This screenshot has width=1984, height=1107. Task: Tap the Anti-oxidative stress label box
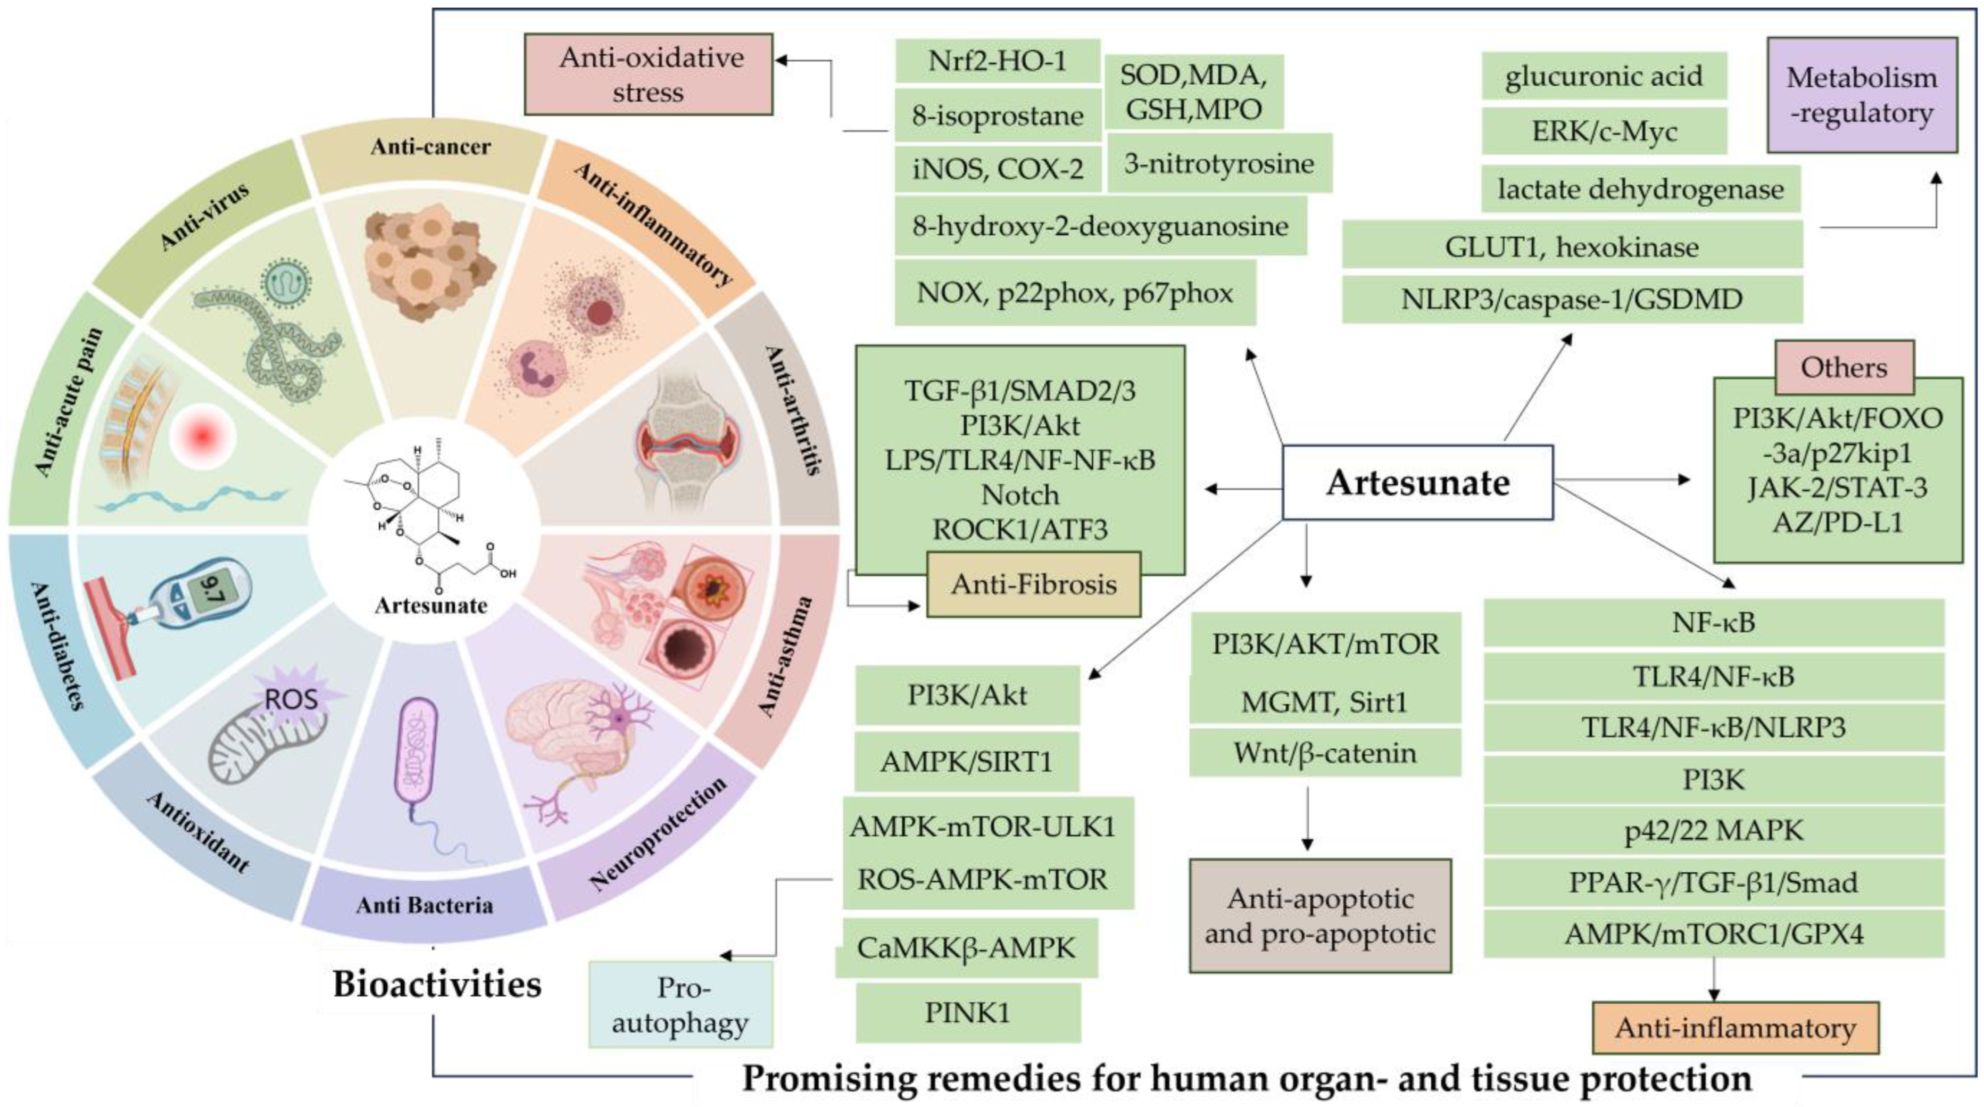[x=649, y=75]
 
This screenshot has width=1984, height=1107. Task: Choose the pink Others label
[x=1844, y=367]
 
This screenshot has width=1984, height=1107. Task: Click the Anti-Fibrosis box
[x=1034, y=584]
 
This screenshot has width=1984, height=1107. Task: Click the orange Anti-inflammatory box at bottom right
[x=1734, y=1028]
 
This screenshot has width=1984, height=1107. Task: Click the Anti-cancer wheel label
[x=430, y=146]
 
